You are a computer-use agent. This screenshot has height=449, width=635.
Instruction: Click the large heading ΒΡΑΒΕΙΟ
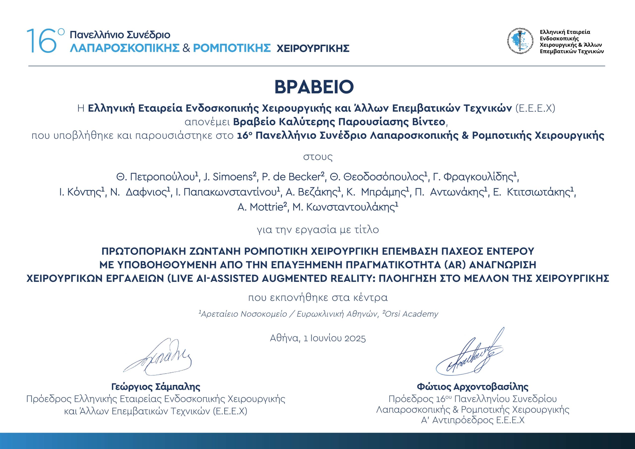[x=314, y=87]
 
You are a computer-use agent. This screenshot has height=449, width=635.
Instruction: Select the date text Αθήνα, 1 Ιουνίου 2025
[x=318, y=338]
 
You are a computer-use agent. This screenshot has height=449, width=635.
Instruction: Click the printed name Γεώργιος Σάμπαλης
[x=156, y=387]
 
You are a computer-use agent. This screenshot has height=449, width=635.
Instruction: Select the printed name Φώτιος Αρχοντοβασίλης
[x=473, y=387]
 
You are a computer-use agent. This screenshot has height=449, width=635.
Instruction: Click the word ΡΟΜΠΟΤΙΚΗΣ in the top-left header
[x=231, y=48]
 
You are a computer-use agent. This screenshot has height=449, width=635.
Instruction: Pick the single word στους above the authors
[x=318, y=157]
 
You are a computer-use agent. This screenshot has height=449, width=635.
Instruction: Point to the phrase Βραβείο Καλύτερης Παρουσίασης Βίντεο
[x=339, y=122]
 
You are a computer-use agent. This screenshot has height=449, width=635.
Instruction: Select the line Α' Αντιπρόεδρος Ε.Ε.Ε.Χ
[x=473, y=420]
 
